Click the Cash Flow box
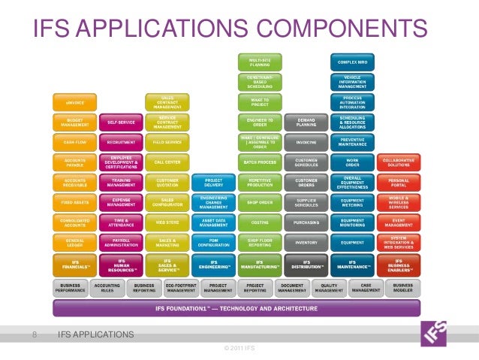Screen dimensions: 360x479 point(74,141)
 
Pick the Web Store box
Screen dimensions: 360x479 point(167,222)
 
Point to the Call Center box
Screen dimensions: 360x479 point(167,162)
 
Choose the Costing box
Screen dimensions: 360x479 point(260,222)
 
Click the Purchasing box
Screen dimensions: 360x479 point(306,222)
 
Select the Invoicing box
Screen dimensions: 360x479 point(306,141)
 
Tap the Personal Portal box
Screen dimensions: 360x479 point(398,182)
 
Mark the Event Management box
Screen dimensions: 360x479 point(398,222)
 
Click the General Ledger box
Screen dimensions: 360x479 point(74,242)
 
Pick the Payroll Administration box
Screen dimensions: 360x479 point(121,242)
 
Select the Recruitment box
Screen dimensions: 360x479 point(121,141)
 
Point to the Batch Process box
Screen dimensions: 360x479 point(260,162)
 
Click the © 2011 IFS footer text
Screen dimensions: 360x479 point(239,347)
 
